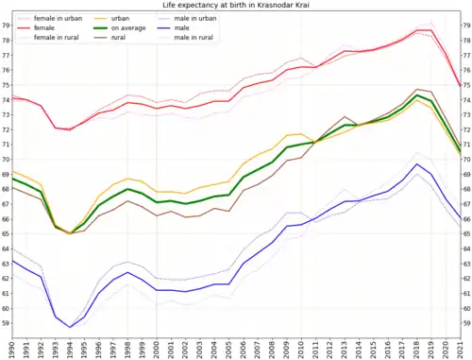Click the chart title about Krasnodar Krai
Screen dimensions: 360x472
click(x=236, y=5)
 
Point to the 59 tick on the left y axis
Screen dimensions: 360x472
click(x=6, y=323)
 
